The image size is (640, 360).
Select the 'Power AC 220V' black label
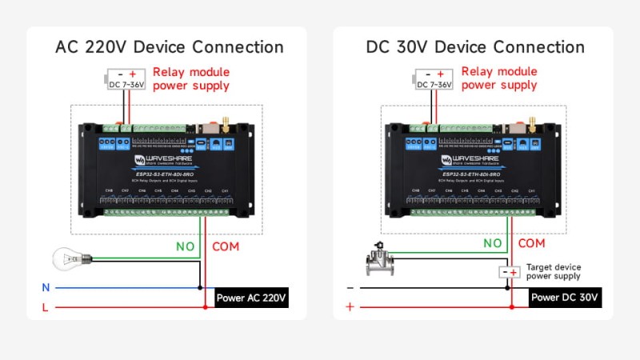(x=250, y=298)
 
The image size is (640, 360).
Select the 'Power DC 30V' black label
(x=565, y=298)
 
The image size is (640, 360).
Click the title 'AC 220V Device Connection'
(x=169, y=47)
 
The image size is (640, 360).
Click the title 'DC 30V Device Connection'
(x=475, y=47)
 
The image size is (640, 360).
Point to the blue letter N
(x=45, y=286)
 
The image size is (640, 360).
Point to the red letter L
(x=45, y=306)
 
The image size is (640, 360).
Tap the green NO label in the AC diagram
(x=185, y=246)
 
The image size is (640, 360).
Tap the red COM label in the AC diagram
(x=226, y=246)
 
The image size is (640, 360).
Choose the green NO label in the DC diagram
(x=492, y=243)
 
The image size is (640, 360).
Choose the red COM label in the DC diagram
(x=532, y=243)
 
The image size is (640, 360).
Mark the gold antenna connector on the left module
(x=225, y=122)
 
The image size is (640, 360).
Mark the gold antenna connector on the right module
(x=531, y=122)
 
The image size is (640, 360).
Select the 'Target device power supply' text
(x=553, y=271)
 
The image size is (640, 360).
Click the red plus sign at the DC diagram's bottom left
(x=350, y=306)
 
